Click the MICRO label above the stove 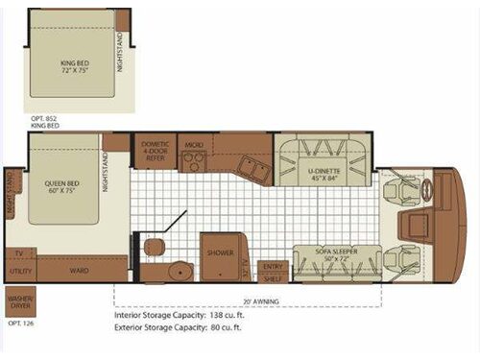[x=195, y=146]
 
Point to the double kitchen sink [x=253, y=169]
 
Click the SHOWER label [x=221, y=254]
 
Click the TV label [x=18, y=253]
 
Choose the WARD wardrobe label [x=81, y=270]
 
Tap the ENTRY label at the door [x=274, y=266]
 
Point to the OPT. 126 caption [x=19, y=323]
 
